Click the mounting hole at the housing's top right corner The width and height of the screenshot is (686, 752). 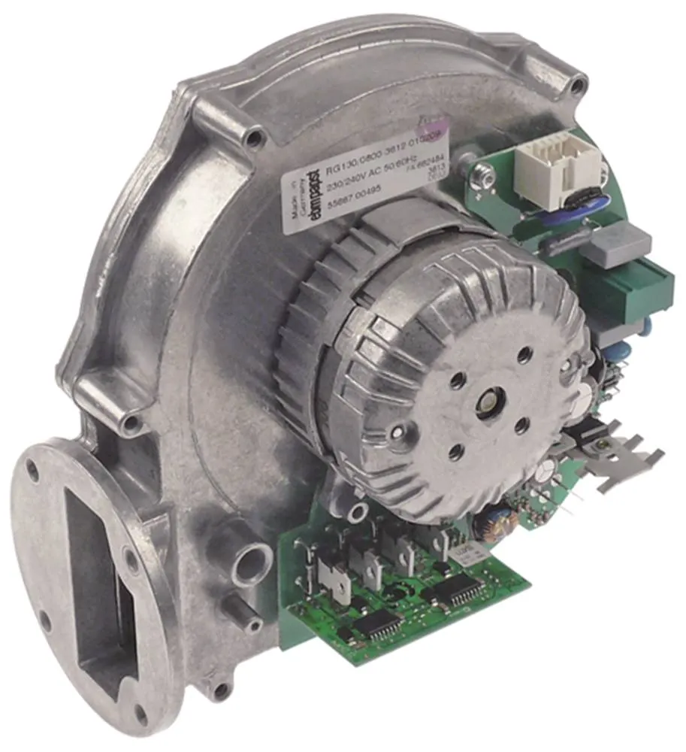(x=577, y=84)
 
